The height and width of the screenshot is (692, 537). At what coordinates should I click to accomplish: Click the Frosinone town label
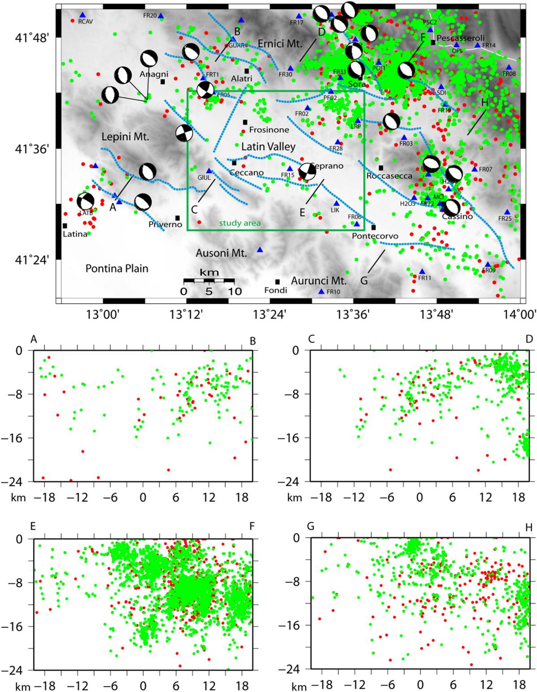click(269, 130)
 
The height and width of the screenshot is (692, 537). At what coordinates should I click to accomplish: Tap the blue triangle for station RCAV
click(82, 15)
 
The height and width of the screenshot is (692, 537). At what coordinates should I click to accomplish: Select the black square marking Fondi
click(277, 282)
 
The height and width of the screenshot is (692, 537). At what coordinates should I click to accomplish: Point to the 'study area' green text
click(240, 223)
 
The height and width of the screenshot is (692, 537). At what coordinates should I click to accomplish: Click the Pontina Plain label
click(117, 268)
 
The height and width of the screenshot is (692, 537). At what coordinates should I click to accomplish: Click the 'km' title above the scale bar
click(209, 272)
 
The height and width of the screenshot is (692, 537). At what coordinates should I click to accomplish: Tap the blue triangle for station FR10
click(321, 292)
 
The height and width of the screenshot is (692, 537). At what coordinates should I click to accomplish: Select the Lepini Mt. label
click(125, 137)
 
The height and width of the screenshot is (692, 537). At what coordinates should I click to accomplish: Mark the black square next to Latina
click(65, 226)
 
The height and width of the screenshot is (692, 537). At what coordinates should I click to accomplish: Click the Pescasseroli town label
click(460, 38)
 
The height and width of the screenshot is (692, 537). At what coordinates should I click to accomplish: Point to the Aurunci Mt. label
click(319, 281)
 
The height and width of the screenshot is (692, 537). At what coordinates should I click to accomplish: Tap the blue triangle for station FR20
click(161, 16)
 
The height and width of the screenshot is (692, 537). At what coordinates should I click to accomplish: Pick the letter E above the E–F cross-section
click(33, 526)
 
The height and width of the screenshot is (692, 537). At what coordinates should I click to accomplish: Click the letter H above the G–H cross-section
click(528, 528)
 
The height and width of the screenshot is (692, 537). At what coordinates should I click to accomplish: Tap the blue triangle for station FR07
click(474, 169)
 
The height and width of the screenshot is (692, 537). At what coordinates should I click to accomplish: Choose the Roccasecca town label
click(389, 176)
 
